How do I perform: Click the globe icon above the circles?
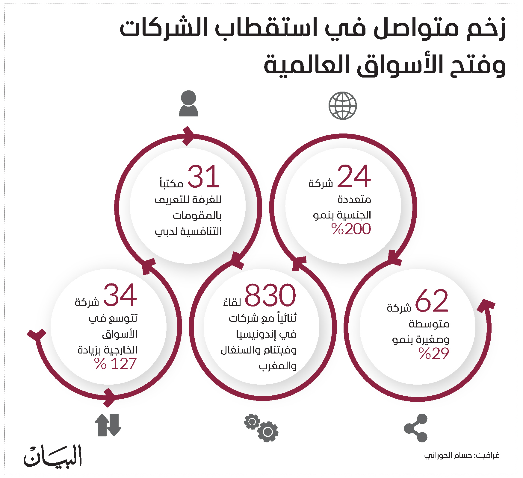tap(342, 106)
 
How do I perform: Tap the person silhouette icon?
tap(188, 103)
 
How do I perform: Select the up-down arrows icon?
tap(108, 425)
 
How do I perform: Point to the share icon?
tap(416, 428)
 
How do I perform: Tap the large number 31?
tap(203, 177)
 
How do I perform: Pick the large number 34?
tap(120, 295)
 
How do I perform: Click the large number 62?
tap(432, 301)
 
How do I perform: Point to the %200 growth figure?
tap(351, 229)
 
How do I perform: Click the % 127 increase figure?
tap(115, 364)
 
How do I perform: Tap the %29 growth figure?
tap(434, 353)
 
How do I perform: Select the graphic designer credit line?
tap(462, 456)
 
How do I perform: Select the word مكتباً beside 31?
tap(171, 183)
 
